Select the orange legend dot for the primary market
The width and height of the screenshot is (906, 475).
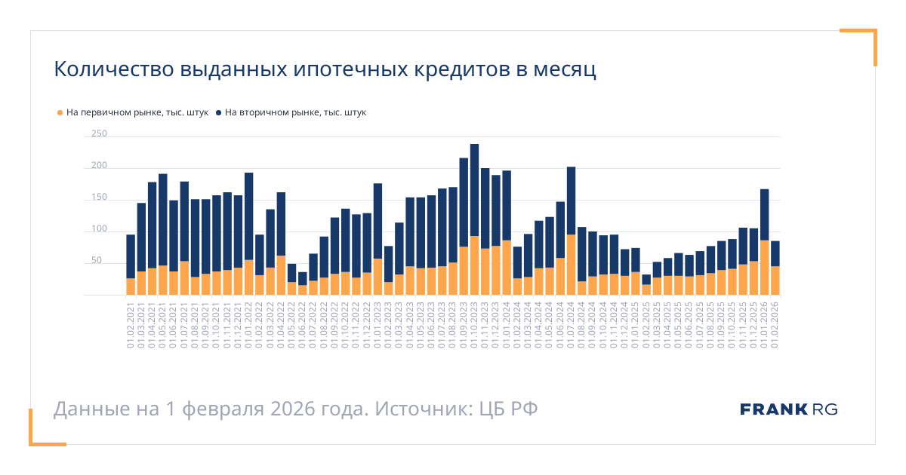point(60,113)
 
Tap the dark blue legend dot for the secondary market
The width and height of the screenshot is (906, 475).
point(219,113)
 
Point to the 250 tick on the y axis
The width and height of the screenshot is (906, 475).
point(99,134)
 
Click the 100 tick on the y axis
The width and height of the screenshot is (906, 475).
point(99,229)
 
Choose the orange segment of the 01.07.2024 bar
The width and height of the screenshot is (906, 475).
point(572,265)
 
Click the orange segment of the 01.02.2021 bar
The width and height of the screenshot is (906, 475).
point(131,287)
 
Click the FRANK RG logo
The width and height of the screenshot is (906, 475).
point(789,409)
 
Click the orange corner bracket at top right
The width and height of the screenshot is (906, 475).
point(868,38)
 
